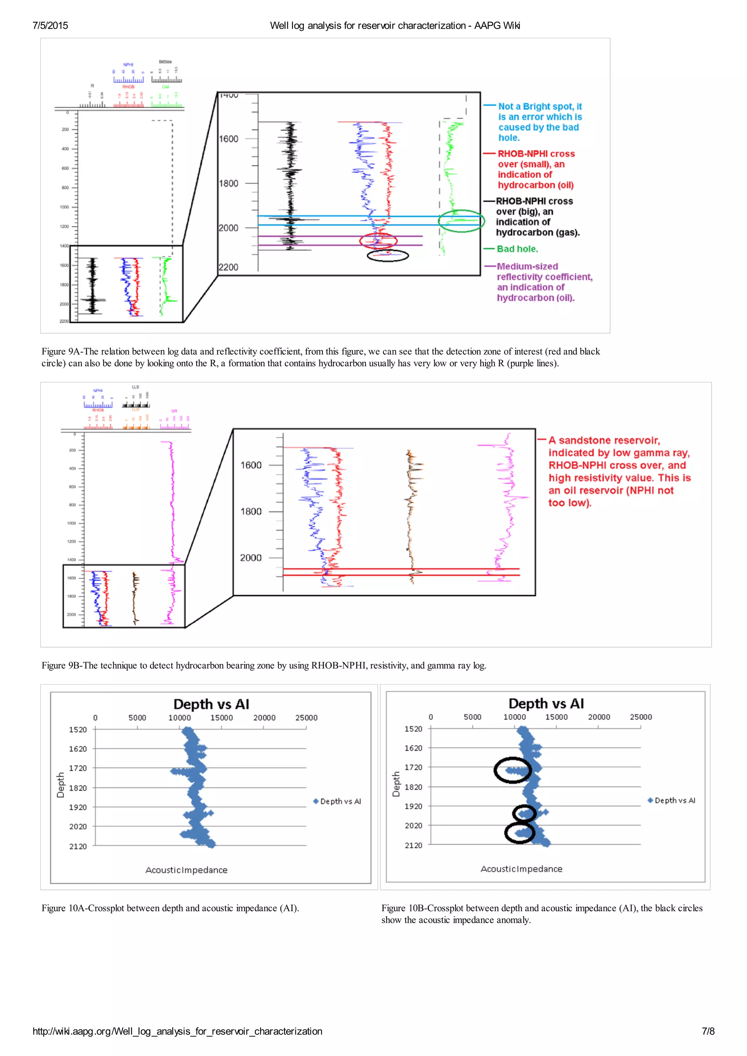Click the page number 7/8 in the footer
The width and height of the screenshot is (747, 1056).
(708, 1031)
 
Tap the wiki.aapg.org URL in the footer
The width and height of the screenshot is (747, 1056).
(177, 1031)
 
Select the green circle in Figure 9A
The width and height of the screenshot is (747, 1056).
(461, 221)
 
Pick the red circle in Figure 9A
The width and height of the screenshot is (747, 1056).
(378, 241)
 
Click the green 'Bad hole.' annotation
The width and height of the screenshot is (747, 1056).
(517, 249)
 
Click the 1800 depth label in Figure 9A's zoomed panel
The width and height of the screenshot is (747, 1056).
(229, 183)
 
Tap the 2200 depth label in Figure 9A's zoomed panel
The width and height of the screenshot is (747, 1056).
(229, 267)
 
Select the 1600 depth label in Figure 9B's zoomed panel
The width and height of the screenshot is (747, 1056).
(251, 465)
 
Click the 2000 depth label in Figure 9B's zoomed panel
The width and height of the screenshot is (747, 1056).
(251, 557)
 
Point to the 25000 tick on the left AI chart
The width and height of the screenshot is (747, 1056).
(306, 717)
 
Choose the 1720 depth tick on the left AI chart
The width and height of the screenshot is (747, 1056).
(78, 768)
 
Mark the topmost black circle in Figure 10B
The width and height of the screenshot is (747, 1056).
(512, 770)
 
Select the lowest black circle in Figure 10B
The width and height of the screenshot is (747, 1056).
(520, 833)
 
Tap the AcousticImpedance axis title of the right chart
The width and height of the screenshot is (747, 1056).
(522, 869)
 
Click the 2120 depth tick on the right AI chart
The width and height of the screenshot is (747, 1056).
(413, 845)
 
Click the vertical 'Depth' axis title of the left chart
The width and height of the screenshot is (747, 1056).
(60, 785)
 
